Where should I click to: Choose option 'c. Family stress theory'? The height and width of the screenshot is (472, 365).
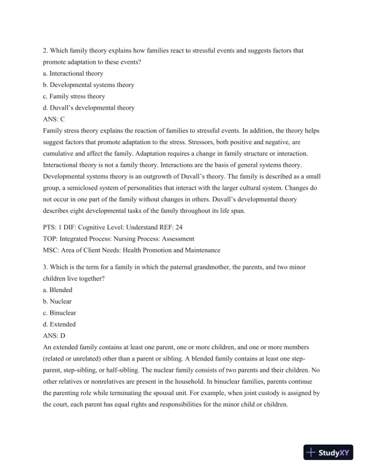[74, 96]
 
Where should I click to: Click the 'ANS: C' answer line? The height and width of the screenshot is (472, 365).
[54, 119]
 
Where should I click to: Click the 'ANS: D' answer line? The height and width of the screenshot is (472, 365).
[54, 336]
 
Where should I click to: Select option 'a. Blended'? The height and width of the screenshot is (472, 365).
[57, 290]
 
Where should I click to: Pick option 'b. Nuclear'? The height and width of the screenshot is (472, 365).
[57, 302]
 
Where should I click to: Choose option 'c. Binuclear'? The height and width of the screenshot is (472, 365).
[60, 313]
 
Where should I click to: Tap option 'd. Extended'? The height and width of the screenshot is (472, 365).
[59, 324]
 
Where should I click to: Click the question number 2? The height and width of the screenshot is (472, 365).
[45, 51]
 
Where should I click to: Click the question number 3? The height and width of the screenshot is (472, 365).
[45, 268]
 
